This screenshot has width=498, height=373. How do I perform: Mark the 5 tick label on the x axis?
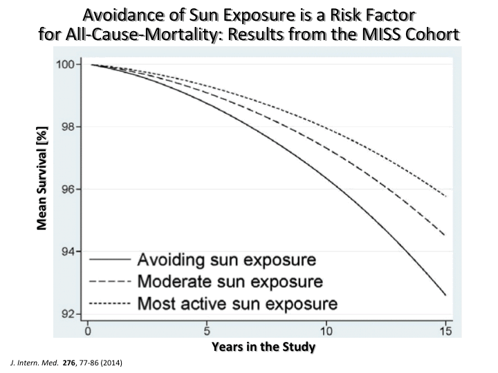pyautogui.click(x=207, y=331)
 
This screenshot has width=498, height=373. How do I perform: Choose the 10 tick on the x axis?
pyautogui.click(x=326, y=331)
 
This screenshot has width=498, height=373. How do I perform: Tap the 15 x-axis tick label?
pyautogui.click(x=445, y=331)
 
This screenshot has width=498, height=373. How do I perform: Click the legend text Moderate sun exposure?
pyautogui.click(x=230, y=282)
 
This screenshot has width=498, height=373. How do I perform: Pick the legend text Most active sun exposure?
pyautogui.click(x=238, y=303)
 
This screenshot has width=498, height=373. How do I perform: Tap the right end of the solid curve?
pyautogui.click(x=445, y=296)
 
